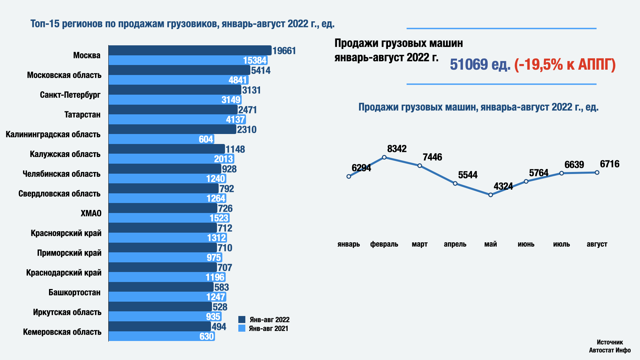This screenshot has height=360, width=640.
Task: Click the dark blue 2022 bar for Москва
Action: coord(190,50)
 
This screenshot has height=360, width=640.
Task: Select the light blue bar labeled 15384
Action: coord(188,60)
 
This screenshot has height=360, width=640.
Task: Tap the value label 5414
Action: coord(261,70)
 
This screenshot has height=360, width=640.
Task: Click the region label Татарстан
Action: coord(82,115)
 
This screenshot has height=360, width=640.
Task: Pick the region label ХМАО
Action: coord(91,213)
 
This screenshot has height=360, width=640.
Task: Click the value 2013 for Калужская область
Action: coord(223,159)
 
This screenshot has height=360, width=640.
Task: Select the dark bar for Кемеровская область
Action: coord(160,326)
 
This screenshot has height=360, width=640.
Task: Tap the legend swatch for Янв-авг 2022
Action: coord(242,320)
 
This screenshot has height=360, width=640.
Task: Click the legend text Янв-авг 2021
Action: coord(268,328)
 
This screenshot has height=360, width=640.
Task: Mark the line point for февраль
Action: coord(384,157)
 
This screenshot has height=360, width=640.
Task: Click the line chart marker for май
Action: coord(491,195)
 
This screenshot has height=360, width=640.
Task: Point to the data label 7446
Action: coord(432,157)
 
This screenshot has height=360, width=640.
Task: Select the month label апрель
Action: coord(455,244)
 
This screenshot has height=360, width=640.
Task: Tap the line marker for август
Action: coord(597,173)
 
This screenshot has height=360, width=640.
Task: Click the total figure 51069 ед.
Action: coord(480,65)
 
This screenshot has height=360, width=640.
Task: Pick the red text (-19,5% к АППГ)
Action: coord(565,65)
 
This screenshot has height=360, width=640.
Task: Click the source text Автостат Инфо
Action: coord(610,350)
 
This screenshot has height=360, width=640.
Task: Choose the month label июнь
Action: coord(526,244)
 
